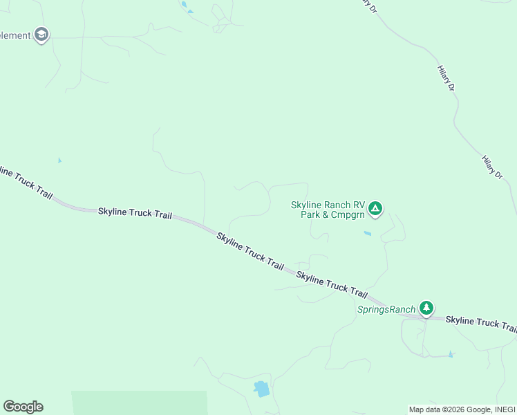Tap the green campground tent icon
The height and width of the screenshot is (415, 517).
375,207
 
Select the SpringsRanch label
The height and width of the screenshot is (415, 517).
386,309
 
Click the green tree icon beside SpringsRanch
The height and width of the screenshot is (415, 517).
427,307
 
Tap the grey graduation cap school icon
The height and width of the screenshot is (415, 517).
41,35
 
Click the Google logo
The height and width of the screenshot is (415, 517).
23,407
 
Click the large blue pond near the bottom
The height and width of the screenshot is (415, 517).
261,389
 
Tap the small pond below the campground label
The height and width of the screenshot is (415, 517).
367,233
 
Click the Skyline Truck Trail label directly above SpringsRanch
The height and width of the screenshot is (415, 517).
332,284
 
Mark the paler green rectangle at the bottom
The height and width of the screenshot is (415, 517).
138,403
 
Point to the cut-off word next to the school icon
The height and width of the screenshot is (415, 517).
15,35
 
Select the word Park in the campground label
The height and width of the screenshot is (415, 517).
311,214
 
